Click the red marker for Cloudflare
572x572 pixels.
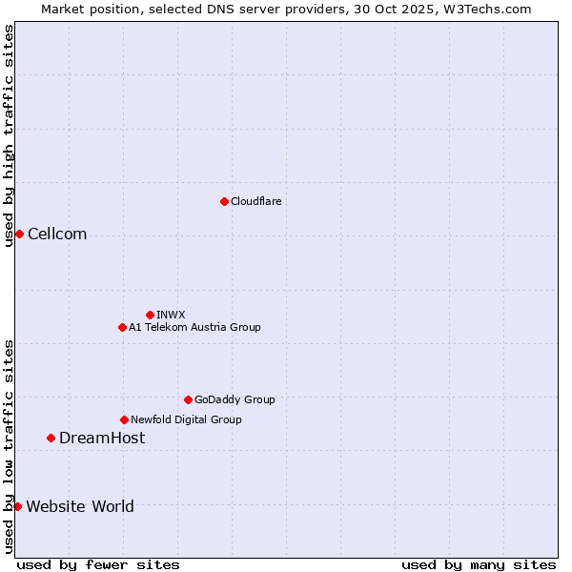tap(224, 201)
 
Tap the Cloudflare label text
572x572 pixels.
tap(255, 201)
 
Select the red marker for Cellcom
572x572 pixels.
tap(19, 235)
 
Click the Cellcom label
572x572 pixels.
tap(57, 235)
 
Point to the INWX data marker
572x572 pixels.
tap(150, 315)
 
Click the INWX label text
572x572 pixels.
tap(171, 315)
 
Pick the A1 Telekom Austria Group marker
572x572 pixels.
tap(122, 327)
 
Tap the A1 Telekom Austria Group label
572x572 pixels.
tap(194, 327)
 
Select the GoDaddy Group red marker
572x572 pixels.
tap(188, 399)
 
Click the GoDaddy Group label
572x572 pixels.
tap(235, 399)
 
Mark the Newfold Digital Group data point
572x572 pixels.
tap(124, 419)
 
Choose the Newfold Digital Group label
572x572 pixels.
tap(186, 419)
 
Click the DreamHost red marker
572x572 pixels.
tap(51, 438)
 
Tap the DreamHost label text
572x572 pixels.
tap(102, 438)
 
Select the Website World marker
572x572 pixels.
tap(17, 506)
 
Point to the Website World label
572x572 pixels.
tap(80, 506)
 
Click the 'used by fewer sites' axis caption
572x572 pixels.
tap(98, 564)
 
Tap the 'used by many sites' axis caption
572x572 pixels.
tap(479, 564)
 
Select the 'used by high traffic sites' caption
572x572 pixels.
tap(9, 135)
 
